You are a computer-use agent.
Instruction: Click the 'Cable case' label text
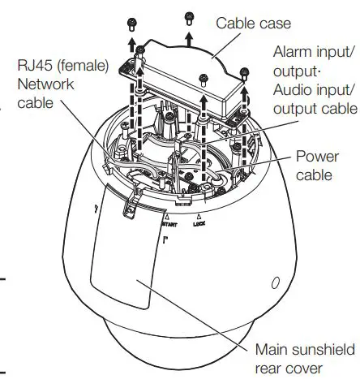[254, 23]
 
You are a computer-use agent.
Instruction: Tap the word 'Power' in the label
[317, 157]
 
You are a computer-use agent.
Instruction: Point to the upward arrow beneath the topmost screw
[189, 36]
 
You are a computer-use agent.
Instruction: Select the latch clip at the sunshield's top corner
[127, 209]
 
